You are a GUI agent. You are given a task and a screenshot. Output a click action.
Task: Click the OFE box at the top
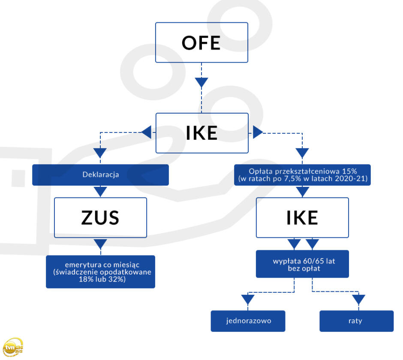pyautogui.click(x=201, y=42)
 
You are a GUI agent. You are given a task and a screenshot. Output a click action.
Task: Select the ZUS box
pyautogui.click(x=100, y=218)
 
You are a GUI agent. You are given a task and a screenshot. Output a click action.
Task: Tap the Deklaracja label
pyautogui.click(x=100, y=175)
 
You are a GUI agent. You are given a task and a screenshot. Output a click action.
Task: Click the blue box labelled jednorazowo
pyautogui.click(x=248, y=321)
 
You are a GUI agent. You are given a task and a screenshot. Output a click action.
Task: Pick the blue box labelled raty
pyautogui.click(x=356, y=321)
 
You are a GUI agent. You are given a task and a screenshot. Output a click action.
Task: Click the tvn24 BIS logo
pyautogui.click(x=13, y=347)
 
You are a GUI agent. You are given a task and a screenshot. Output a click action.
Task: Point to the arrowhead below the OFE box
pyautogui.click(x=201, y=82)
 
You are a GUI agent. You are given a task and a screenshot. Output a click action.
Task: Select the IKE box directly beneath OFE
pyautogui.click(x=202, y=133)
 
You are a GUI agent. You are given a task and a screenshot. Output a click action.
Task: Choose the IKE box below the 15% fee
pyautogui.click(x=303, y=218)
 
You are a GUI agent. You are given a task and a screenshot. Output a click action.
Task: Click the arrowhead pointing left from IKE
pyautogui.click(x=147, y=132)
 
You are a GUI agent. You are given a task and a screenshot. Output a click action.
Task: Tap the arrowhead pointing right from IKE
pyautogui.click(x=258, y=132)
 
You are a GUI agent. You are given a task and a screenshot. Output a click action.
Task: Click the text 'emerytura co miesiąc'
pyautogui.click(x=102, y=265)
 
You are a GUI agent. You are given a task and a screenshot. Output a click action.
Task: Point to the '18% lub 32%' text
pyautogui.click(x=102, y=279)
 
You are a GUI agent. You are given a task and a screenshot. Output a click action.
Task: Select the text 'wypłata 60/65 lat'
pyautogui.click(x=304, y=261)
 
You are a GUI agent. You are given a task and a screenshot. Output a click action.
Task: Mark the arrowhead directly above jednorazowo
pyautogui.click(x=248, y=300)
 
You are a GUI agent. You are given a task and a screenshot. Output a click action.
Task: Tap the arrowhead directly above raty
pyautogui.click(x=358, y=300)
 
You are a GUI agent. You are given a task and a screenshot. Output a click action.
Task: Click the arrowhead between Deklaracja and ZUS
pyautogui.click(x=100, y=192)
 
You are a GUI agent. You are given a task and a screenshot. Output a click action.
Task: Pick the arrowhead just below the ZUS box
pyautogui.click(x=100, y=244)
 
